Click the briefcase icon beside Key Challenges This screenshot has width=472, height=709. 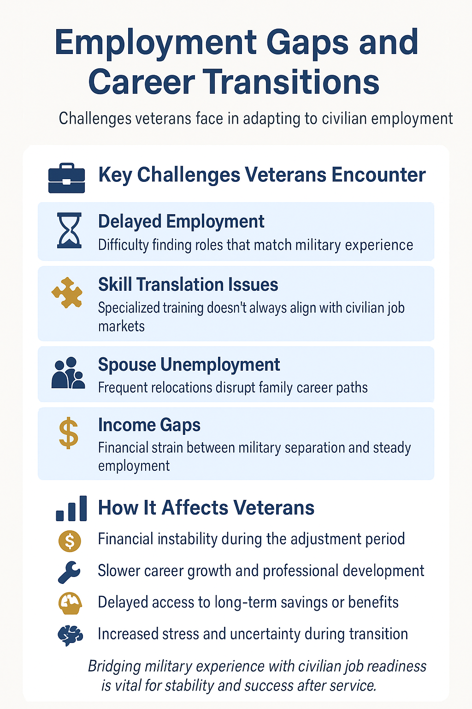(x=67, y=178)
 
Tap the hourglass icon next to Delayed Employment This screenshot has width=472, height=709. (x=69, y=230)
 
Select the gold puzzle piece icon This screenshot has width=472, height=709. (x=67, y=293)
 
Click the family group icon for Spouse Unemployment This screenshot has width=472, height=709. (x=68, y=373)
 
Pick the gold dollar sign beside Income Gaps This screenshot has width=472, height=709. (x=69, y=433)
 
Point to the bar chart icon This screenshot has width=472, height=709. (x=71, y=509)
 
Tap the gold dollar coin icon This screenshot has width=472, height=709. (x=70, y=541)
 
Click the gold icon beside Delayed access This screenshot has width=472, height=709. (x=70, y=603)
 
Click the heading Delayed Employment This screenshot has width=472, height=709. (x=181, y=222)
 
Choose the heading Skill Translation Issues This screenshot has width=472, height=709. (x=188, y=285)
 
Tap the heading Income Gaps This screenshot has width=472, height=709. (x=149, y=425)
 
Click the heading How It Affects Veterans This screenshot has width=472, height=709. (x=206, y=508)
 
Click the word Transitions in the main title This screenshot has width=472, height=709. (x=291, y=82)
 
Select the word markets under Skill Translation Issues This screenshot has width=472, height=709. (x=121, y=326)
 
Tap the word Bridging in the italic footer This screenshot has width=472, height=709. (x=114, y=667)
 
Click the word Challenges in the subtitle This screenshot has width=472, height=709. (x=95, y=119)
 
